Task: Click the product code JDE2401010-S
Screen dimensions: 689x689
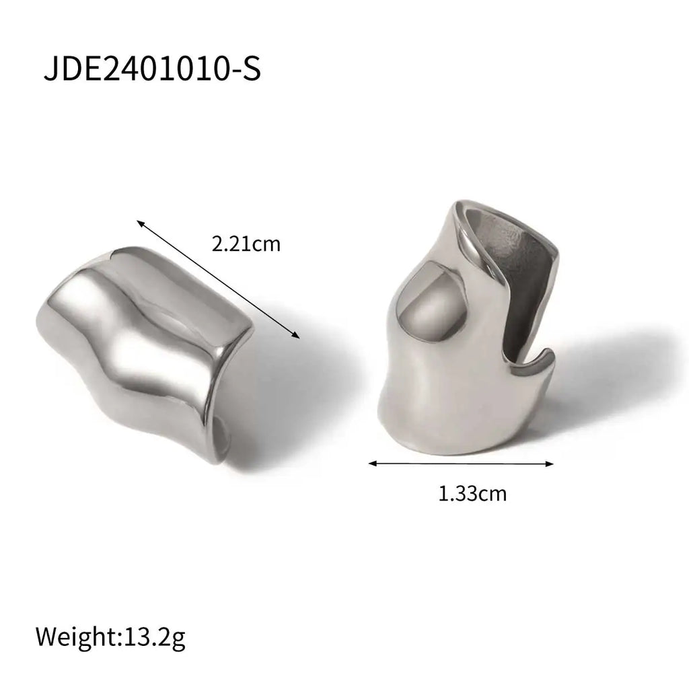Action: click(x=151, y=69)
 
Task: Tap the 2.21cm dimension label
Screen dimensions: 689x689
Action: click(x=246, y=244)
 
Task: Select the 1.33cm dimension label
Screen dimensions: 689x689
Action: click(x=472, y=495)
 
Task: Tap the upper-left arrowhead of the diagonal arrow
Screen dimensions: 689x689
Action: click(x=139, y=222)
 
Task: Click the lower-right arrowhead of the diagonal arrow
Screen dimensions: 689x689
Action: click(x=296, y=336)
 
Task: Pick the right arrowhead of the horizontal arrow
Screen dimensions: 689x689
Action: click(x=551, y=463)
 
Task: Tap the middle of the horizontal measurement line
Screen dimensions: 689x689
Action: click(x=462, y=463)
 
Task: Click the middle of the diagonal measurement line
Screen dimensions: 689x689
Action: click(x=217, y=279)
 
